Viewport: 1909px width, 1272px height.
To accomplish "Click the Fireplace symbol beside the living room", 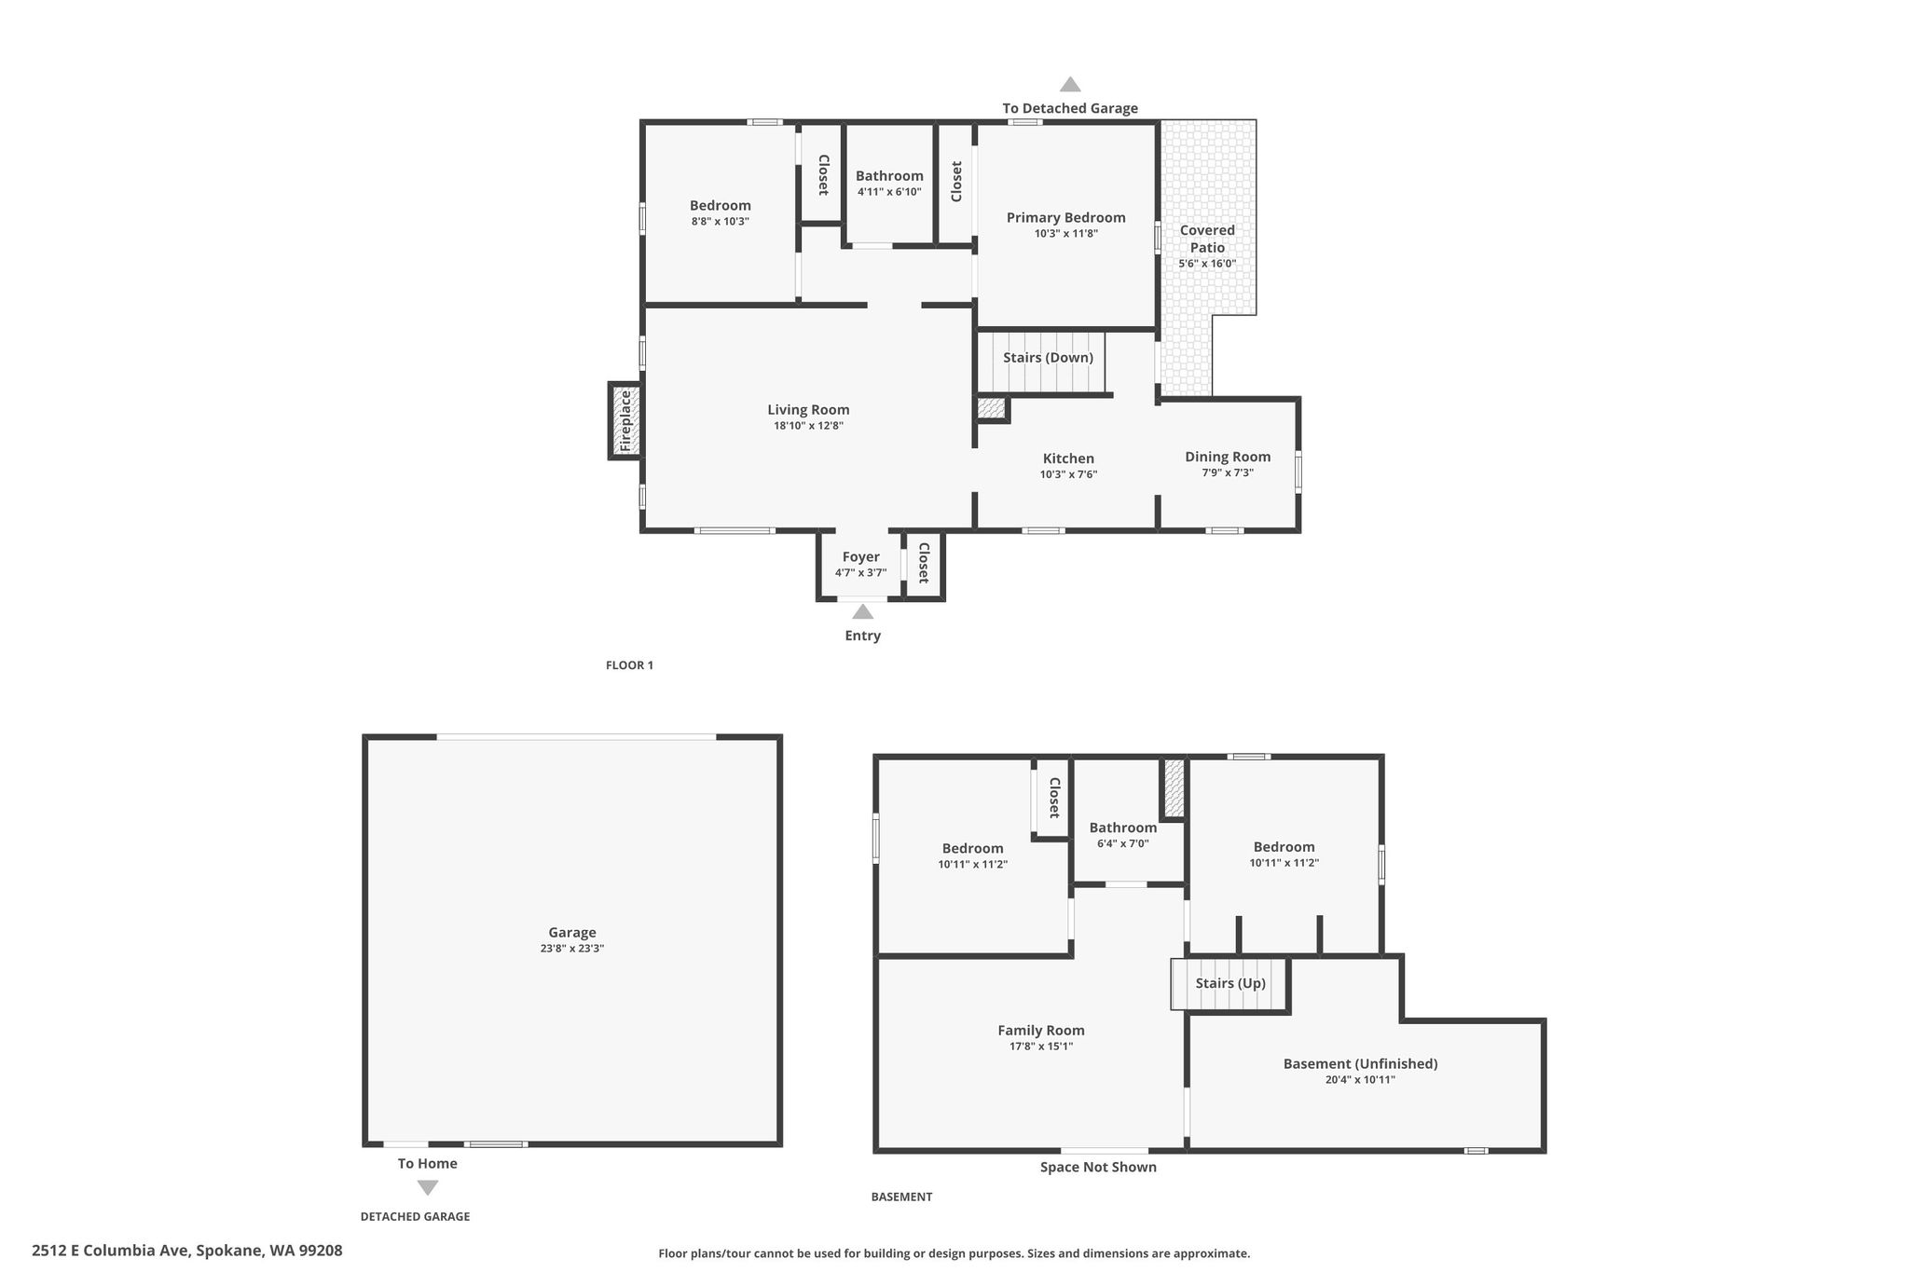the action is coord(625,420).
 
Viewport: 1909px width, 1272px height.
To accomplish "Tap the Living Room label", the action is coord(808,410).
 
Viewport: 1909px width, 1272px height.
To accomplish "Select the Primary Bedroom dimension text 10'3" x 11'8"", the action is coord(1065,234).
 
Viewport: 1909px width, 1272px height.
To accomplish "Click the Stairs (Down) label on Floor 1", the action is coord(1048,358).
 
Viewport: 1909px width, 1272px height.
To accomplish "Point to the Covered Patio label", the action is coord(1207,239).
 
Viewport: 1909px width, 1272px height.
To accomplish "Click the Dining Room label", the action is coord(1228,457).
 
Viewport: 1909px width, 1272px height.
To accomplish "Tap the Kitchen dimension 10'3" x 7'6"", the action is coord(1068,474).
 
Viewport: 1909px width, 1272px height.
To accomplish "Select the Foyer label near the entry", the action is coord(860,557).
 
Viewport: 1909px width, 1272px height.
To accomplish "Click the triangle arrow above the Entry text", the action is coord(862,612).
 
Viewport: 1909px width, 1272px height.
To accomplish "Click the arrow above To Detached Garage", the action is coord(1070,84).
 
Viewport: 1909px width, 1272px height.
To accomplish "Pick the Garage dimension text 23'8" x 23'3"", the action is coord(571,949).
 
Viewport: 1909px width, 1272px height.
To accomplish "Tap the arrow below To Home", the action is coord(427,1187).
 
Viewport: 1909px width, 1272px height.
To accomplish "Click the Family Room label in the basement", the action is coord(1040,1031).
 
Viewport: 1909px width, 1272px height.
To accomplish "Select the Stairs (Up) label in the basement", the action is coord(1230,983).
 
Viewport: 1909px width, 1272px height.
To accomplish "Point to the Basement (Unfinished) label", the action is coord(1360,1064).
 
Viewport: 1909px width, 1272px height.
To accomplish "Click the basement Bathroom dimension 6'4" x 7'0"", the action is coord(1122,843).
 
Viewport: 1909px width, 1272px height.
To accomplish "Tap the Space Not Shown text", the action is coord(1098,1167).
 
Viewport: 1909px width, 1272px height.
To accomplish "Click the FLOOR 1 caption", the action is coord(629,665).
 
